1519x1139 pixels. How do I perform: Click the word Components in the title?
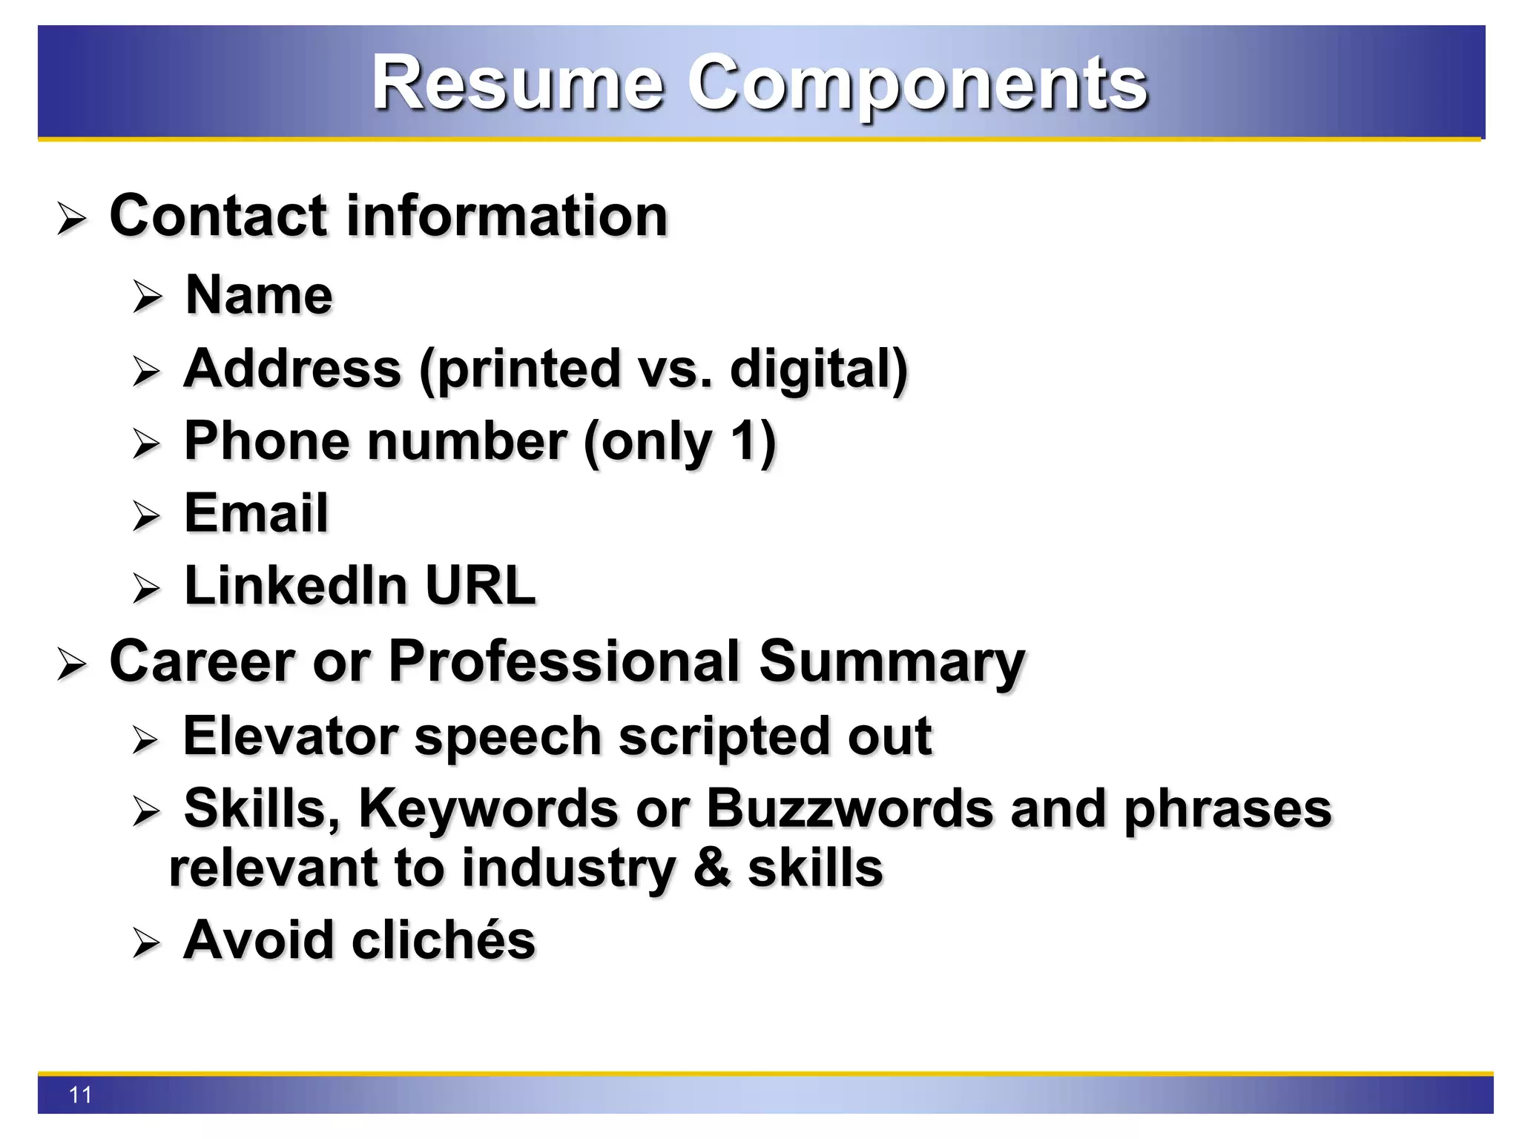[x=917, y=83]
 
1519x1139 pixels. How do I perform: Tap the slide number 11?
[x=80, y=1095]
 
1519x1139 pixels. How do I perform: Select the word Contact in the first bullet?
[x=218, y=216]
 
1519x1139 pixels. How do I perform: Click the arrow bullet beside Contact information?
[x=72, y=219]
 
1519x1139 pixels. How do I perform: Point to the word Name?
[x=259, y=295]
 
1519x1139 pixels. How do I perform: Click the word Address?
[x=292, y=369]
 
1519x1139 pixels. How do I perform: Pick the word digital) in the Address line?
[x=819, y=369]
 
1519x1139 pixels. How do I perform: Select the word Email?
[x=256, y=513]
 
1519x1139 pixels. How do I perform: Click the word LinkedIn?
[x=296, y=586]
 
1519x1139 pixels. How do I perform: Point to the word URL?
[x=480, y=586]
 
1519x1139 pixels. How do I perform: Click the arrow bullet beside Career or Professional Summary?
[x=72, y=664]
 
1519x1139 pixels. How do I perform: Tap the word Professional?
[x=564, y=661]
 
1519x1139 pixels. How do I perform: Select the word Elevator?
[x=291, y=736]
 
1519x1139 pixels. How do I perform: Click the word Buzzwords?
[x=850, y=808]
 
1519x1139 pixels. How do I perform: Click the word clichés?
[x=443, y=940]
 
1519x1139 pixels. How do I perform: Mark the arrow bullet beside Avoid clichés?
[x=146, y=943]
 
